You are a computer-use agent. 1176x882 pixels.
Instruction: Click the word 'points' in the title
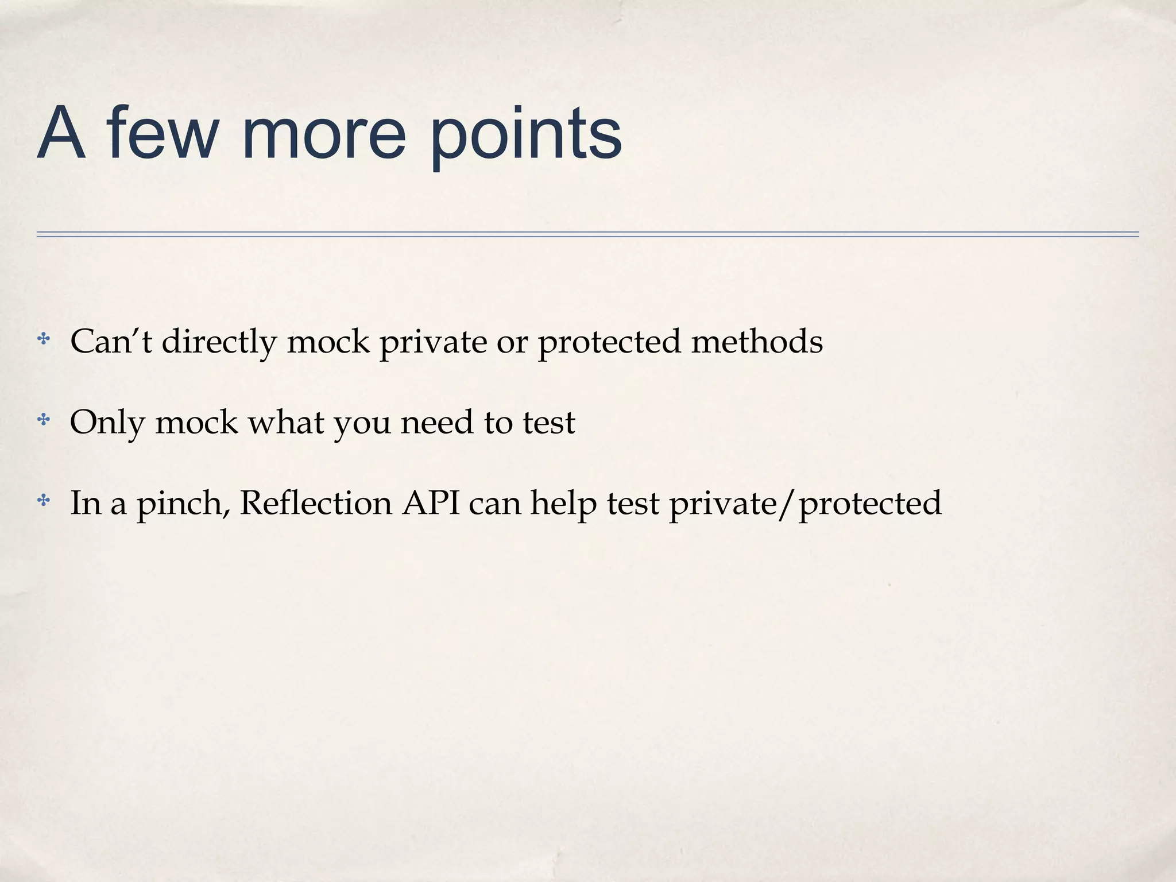pos(526,136)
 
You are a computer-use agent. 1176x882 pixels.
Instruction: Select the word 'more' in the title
pos(324,136)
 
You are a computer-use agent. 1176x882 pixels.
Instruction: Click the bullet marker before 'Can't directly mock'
pos(43,339)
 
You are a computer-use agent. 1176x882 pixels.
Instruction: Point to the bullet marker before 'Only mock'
pos(43,420)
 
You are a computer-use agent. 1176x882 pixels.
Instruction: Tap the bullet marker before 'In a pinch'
pos(43,501)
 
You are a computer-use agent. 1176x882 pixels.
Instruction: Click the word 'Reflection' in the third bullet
pos(315,503)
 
